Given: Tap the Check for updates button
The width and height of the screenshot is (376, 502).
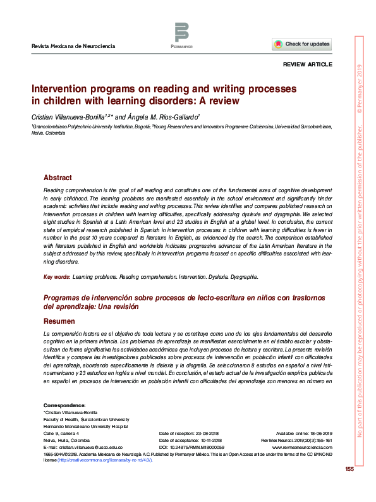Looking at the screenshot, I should (301, 44).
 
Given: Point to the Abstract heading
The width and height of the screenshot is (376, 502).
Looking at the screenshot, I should (58, 178).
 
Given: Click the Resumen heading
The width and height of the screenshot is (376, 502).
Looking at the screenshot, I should (59, 322).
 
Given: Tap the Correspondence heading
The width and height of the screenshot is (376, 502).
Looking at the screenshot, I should (64, 405).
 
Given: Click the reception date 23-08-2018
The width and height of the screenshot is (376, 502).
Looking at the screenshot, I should (207, 432).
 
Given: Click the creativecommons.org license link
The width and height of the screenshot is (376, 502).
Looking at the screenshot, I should (104, 460).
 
